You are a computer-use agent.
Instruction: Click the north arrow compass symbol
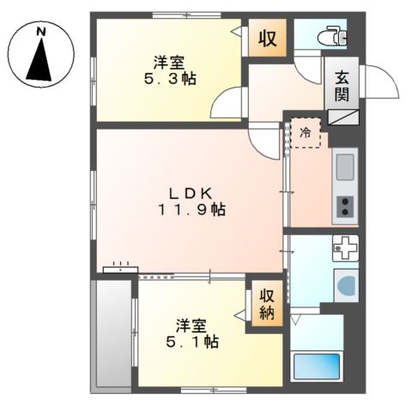41,60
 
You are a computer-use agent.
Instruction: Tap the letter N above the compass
41,31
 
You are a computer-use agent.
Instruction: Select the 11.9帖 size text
191,209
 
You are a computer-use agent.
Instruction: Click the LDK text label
191,191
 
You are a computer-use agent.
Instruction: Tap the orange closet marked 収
267,39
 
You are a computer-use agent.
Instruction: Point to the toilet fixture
332,36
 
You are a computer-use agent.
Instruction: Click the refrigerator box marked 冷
305,132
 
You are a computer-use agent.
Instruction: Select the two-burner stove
345,206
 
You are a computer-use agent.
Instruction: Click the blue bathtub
318,367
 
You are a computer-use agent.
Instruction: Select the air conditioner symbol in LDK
120,270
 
